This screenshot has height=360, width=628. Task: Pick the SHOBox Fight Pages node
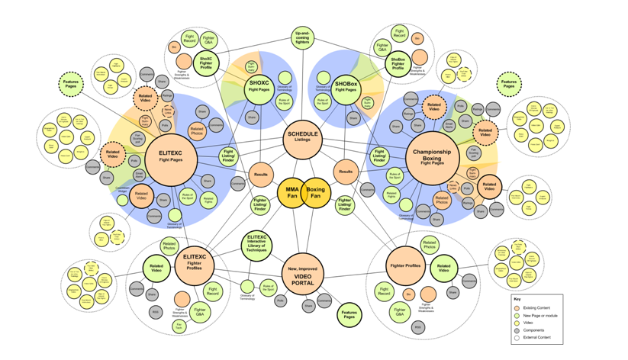(345, 86)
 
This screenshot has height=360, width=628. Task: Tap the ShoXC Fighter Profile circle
(206, 62)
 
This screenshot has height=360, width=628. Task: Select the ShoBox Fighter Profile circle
(398, 63)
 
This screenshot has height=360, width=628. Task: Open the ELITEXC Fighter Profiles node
(195, 263)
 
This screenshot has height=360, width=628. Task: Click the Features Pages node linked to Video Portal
(349, 313)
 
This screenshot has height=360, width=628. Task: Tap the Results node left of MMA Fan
(261, 175)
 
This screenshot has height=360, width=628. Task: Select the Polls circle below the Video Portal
(282, 301)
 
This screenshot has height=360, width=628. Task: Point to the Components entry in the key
(517, 329)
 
